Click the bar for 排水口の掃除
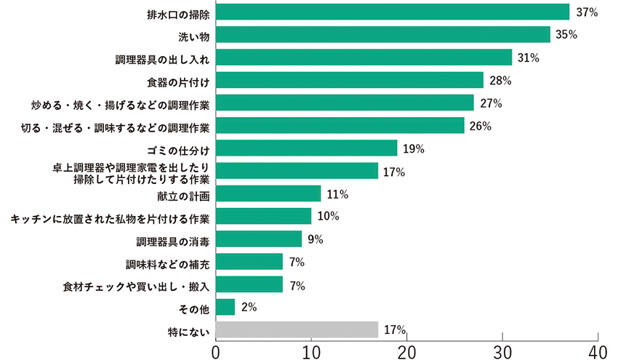pos(393,12)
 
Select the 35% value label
pos(567,34)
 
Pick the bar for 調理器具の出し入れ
pos(364,57)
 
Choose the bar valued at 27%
pos(345,103)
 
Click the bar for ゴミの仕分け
pos(307,148)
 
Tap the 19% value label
pos(414,149)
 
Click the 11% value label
pos(337,194)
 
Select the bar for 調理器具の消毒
pos(259,239)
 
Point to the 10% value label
pos(328,217)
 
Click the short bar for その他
pos(225,307)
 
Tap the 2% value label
pos(249,307)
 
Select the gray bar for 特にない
pos(297,329)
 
